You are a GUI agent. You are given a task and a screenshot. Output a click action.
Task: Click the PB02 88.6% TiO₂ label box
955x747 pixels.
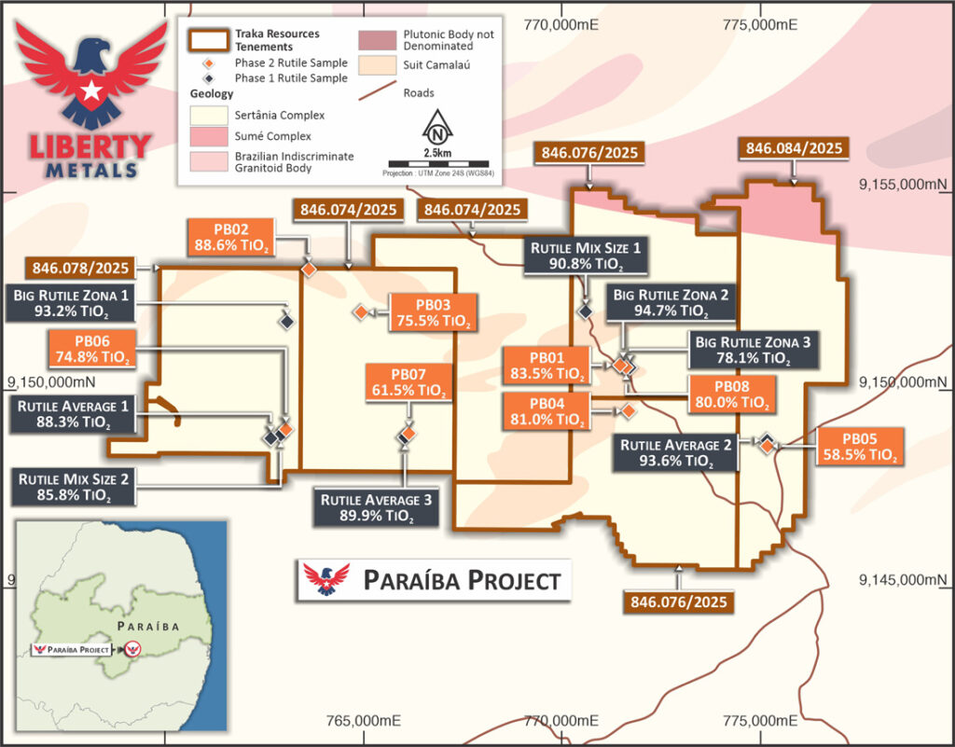pyautogui.click(x=230, y=237)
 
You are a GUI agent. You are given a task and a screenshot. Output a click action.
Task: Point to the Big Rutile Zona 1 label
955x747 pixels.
pyautogui.click(x=73, y=305)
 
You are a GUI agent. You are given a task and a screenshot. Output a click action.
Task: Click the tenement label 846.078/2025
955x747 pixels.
pyautogui.click(x=80, y=269)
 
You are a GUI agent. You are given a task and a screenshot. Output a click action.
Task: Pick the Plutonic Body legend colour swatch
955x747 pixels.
pyautogui.click(x=374, y=38)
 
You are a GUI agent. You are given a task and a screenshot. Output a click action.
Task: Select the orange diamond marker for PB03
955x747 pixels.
pyautogui.click(x=359, y=311)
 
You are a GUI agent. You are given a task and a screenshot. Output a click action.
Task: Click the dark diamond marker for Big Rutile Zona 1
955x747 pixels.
pyautogui.click(x=286, y=320)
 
